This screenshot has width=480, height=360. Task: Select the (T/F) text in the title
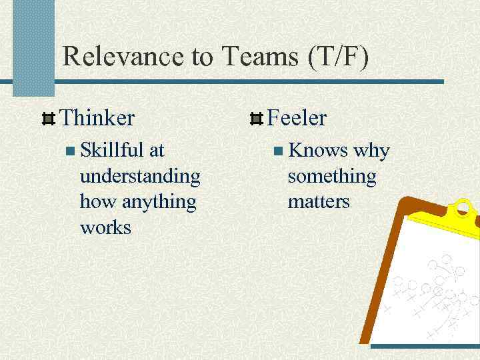pos(339,57)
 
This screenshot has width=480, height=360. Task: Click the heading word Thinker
pos(97,119)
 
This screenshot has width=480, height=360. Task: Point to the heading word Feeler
pos(297,119)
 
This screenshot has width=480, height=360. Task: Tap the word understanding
pos(139,177)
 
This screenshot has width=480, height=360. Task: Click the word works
pos(105,227)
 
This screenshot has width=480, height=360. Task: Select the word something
pos(331,177)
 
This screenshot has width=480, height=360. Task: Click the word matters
pos(318,201)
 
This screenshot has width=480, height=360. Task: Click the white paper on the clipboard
pos(433,287)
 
